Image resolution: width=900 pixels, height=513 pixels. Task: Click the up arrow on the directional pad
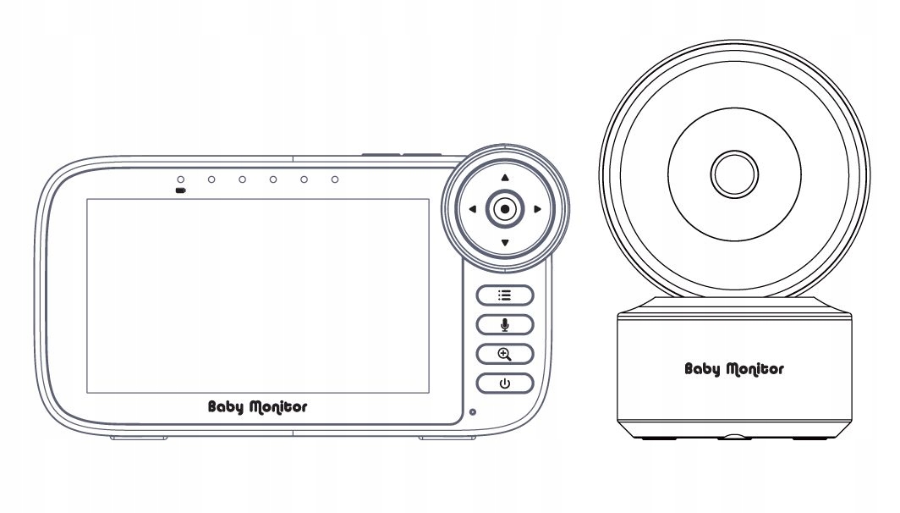click(505, 178)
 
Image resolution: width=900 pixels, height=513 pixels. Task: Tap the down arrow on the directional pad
click(505, 243)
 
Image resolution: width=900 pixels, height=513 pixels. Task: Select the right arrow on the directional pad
click(537, 209)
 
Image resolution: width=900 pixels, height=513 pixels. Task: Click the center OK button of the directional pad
click(505, 209)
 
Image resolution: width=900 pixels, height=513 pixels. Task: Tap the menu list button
click(505, 295)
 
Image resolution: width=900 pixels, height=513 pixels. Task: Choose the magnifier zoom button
click(505, 354)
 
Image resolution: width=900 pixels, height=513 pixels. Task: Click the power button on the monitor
click(505, 383)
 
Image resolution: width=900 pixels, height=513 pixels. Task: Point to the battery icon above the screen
click(180, 190)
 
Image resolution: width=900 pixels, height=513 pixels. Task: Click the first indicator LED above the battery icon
click(180, 179)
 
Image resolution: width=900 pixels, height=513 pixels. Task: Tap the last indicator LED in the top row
click(335, 179)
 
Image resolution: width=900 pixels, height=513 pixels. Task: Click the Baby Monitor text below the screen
click(258, 407)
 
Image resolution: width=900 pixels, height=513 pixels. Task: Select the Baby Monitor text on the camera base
click(733, 368)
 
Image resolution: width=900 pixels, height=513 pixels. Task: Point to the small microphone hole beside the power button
click(472, 412)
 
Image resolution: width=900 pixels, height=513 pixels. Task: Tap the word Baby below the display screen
click(226, 407)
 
